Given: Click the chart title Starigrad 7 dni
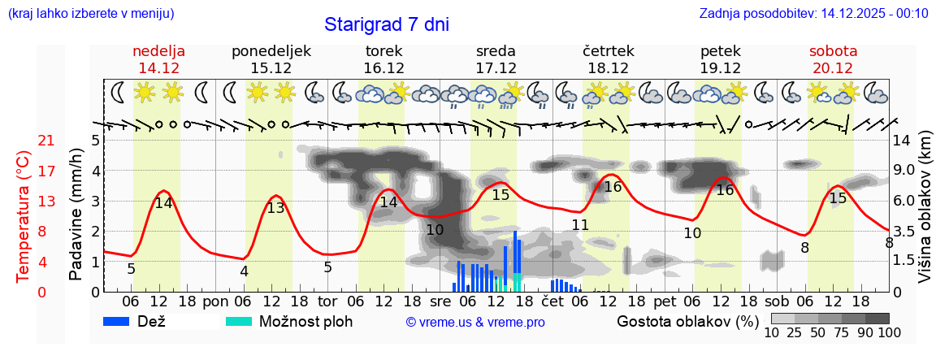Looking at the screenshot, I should point(386,24).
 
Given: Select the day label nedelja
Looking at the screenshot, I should point(159,51).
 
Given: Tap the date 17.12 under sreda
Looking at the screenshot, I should point(496,68).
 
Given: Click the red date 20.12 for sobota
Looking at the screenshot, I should point(833,68).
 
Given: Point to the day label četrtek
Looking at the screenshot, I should point(608,51).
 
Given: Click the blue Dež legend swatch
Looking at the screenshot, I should point(123,321).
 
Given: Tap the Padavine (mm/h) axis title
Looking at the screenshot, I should point(76,215).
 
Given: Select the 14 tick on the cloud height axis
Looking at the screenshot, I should point(901,141).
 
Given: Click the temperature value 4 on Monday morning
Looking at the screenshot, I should point(244,271).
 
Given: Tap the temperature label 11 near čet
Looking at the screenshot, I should point(579,225).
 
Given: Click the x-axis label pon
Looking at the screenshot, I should point(216,301).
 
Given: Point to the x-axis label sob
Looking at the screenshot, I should point(778,301).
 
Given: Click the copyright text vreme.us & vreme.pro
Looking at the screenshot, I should point(475,323).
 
